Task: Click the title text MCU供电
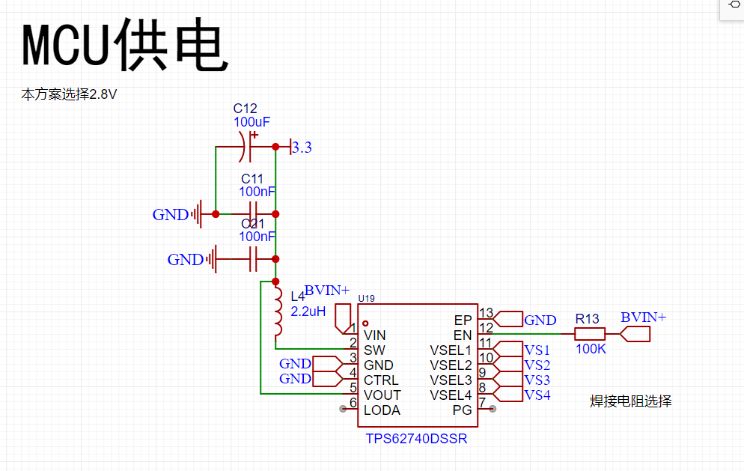(x=125, y=44)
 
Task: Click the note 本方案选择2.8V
(x=69, y=94)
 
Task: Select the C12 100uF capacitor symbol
(x=249, y=147)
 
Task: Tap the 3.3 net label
(x=302, y=148)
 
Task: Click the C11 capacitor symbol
(x=254, y=214)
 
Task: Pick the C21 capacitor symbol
(x=254, y=259)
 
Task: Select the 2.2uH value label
(x=308, y=312)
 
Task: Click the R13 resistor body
(x=590, y=334)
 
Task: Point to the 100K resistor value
(x=591, y=349)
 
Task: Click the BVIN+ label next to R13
(x=644, y=317)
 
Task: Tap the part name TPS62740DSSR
(x=416, y=439)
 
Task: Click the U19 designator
(x=366, y=298)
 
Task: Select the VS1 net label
(x=537, y=350)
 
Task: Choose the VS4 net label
(x=537, y=395)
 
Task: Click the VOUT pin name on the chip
(x=382, y=395)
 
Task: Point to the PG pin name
(x=462, y=410)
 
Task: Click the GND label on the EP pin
(x=540, y=320)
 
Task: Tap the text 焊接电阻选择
(x=630, y=401)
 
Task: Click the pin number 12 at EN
(x=486, y=328)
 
